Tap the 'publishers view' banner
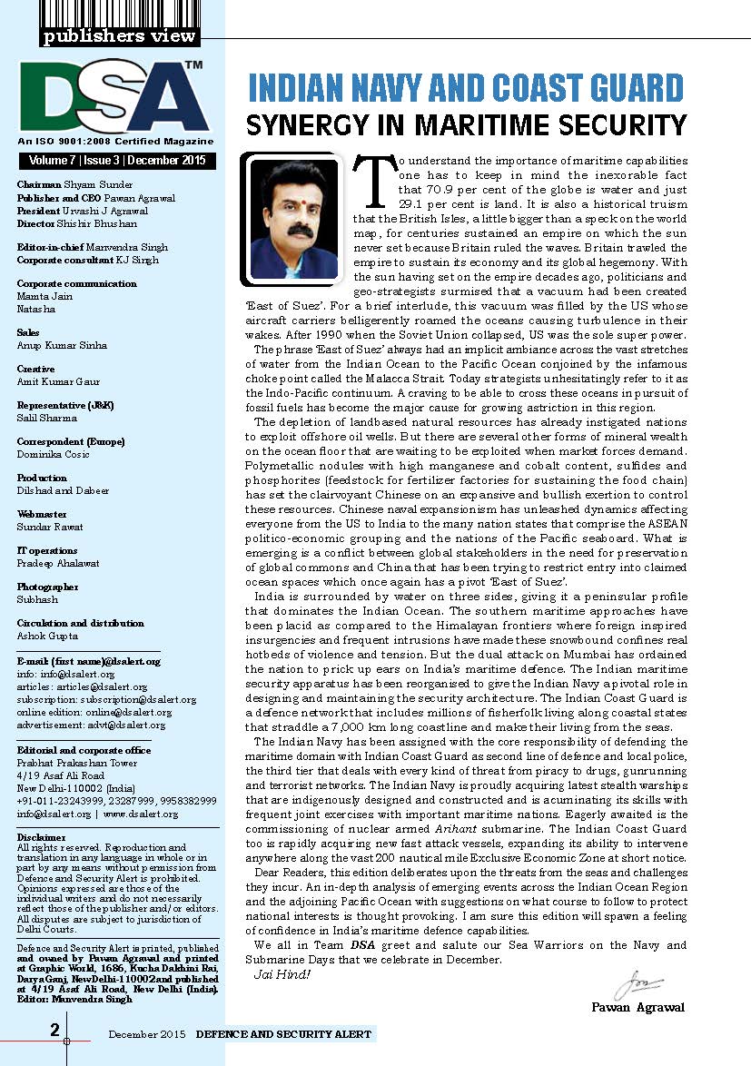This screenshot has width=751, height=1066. [x=118, y=36]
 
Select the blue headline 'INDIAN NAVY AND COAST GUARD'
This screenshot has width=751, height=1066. [x=466, y=89]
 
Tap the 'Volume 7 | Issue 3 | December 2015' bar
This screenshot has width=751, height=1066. [x=116, y=162]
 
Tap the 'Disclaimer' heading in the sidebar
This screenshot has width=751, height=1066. [x=41, y=836]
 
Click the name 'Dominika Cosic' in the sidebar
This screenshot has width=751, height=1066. [x=53, y=454]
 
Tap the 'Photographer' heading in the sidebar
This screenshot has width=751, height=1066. [x=46, y=587]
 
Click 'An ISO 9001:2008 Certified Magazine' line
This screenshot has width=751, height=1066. [x=115, y=142]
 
